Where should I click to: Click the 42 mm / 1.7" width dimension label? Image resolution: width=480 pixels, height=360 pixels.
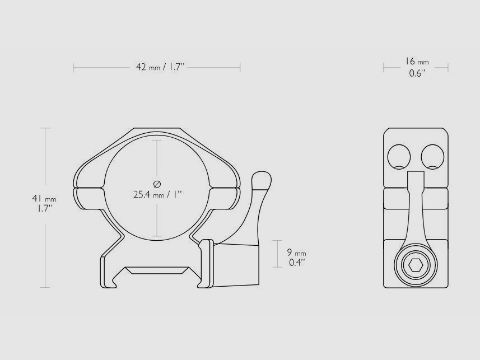pos(160,67)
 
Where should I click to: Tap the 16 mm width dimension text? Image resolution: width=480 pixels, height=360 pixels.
pos(417,62)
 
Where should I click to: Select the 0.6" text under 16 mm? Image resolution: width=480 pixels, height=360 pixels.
pos(417,73)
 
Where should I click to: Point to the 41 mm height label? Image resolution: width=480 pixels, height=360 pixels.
pos(44,198)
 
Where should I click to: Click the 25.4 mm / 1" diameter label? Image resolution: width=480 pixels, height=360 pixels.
pos(157,195)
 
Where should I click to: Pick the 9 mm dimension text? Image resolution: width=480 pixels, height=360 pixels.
pos(297,253)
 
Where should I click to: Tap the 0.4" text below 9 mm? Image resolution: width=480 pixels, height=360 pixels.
pos(297,262)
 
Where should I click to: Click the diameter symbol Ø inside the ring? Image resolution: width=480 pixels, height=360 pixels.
pos(157,184)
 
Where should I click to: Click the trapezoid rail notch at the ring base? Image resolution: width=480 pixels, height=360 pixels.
pos(157,271)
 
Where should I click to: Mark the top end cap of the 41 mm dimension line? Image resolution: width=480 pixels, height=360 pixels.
pos(45,128)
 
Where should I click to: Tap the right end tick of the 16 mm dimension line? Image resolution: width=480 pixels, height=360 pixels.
pos(448,68)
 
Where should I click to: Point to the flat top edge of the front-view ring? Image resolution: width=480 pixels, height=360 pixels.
pos(157,129)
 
